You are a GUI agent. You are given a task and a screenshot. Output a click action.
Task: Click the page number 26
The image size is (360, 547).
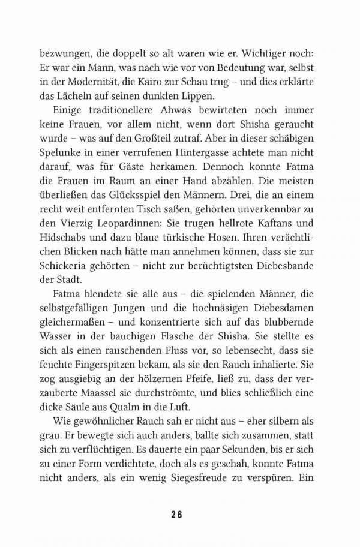click(x=179, y=514)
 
